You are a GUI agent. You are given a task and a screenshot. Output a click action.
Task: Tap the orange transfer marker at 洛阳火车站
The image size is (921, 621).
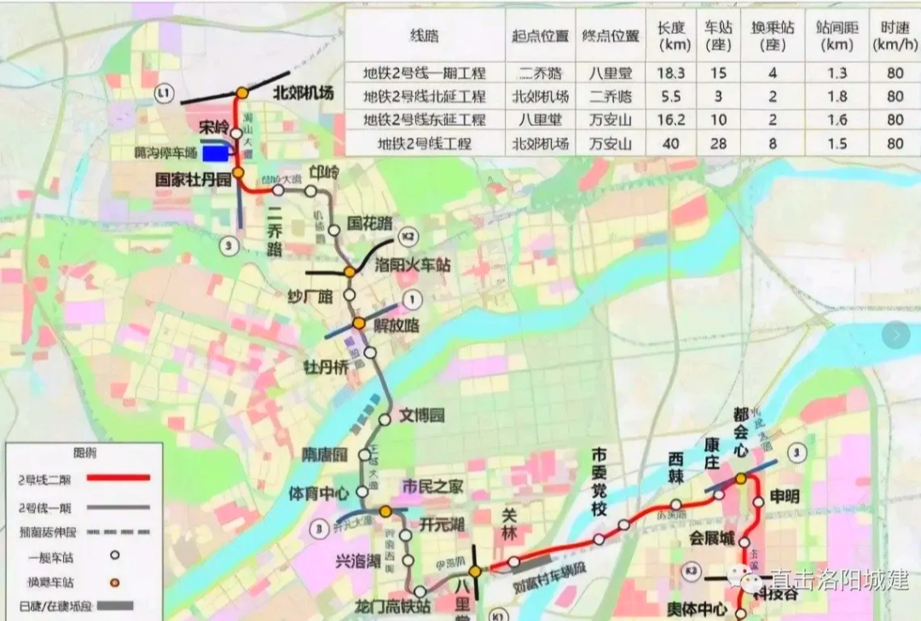349,272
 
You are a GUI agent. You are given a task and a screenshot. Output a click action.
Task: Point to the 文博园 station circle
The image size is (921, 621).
385,418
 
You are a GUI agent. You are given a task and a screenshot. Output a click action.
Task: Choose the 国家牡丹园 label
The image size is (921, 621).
194,180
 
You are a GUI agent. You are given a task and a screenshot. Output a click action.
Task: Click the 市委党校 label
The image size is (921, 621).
601,482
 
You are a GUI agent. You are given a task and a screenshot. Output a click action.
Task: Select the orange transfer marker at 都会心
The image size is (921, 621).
741,479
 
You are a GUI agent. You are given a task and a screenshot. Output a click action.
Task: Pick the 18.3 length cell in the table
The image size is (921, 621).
671,73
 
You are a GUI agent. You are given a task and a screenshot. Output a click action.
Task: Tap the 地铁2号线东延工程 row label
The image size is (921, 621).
424,120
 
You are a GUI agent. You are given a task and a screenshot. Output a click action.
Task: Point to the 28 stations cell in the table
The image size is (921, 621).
718,144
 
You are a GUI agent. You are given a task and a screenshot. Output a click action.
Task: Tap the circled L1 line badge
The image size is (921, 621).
161,91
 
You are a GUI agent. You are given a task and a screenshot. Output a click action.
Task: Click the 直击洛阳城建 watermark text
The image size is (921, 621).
839,581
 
